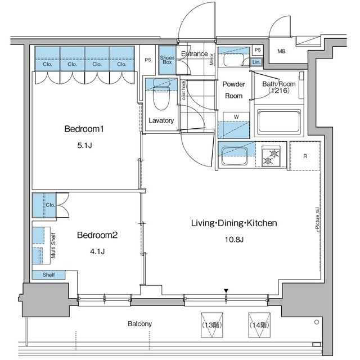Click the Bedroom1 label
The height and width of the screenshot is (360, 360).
(84, 129)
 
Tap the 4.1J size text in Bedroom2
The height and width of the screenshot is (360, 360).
(97, 251)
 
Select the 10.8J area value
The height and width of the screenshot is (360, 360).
(234, 240)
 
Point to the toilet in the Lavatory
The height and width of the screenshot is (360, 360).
(161, 94)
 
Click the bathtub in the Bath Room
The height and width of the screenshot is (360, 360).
(279, 122)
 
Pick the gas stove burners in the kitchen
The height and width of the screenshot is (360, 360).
(271, 156)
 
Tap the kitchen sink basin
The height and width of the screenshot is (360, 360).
(235, 156)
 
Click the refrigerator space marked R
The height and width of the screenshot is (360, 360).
(305, 156)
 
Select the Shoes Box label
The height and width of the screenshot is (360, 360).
(167, 60)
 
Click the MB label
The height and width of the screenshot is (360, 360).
(281, 51)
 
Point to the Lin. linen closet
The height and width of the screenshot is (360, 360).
(256, 62)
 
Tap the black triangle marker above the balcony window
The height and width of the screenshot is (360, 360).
(226, 291)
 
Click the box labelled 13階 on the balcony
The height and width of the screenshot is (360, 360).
(211, 325)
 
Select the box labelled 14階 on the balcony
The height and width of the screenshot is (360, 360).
(259, 325)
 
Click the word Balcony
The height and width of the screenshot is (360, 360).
(140, 324)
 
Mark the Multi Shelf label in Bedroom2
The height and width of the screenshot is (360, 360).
(53, 245)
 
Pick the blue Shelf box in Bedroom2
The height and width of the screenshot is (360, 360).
(48, 275)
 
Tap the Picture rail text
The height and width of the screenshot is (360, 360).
(317, 218)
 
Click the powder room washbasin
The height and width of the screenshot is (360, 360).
(233, 60)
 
